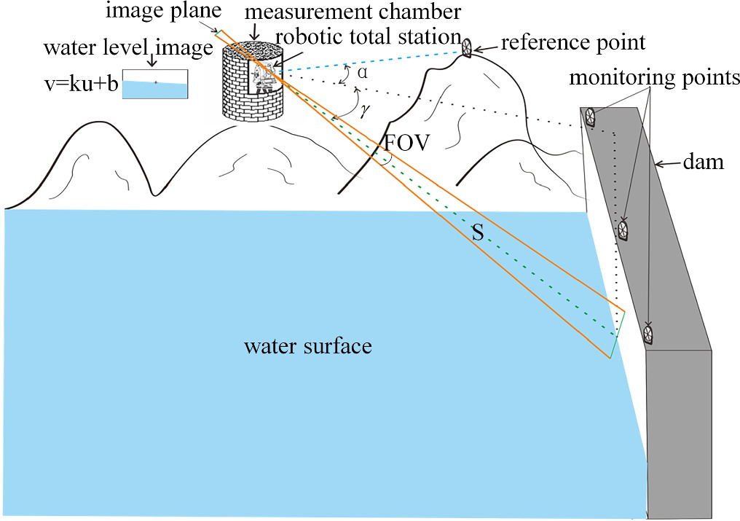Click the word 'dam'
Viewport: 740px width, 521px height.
(x=707, y=162)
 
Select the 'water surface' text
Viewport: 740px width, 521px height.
(x=308, y=345)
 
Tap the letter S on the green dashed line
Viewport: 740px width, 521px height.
(x=479, y=232)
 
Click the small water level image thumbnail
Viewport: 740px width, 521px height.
(x=154, y=83)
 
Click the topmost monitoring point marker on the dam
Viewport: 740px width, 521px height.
(x=590, y=117)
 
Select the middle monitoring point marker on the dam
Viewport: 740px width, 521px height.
(x=623, y=230)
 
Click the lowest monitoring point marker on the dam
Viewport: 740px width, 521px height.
(x=647, y=334)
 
